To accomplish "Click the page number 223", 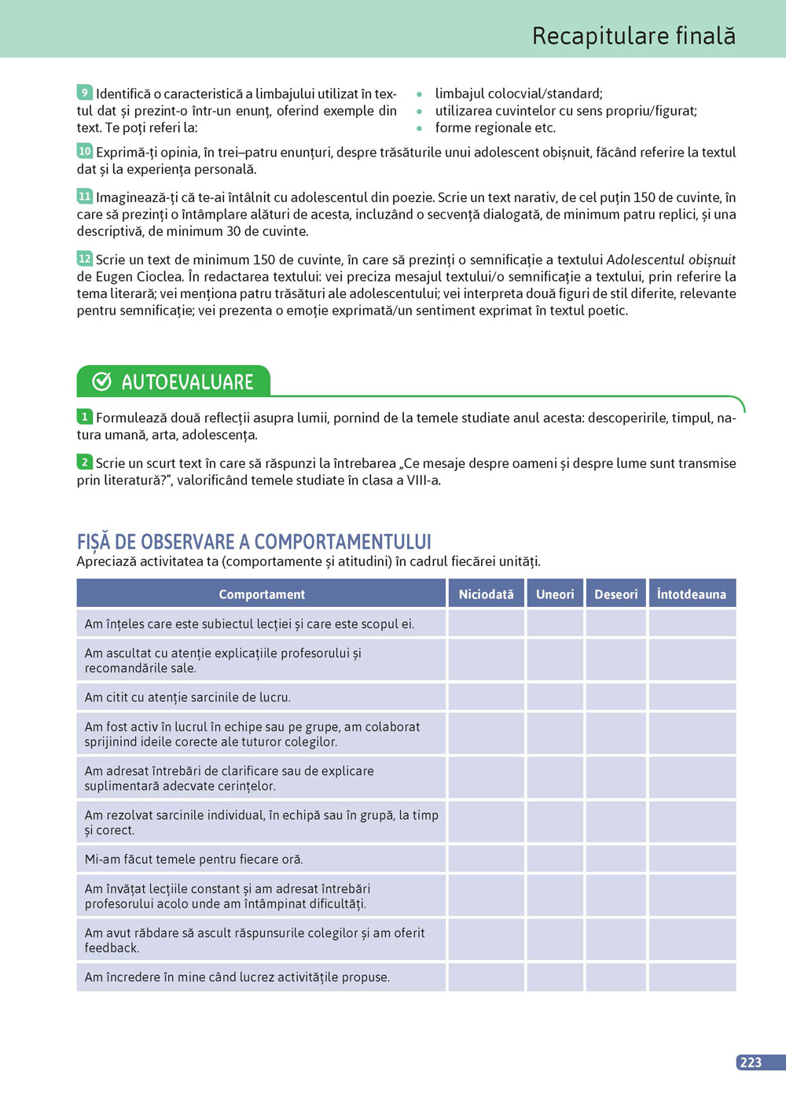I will (751, 1062).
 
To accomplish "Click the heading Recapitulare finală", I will (634, 36).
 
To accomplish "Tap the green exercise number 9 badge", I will (85, 93).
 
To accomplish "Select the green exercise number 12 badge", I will (85, 259).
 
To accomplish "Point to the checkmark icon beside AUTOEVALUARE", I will (102, 381).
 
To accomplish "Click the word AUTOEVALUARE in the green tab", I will (187, 382).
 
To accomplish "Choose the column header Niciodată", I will (486, 594).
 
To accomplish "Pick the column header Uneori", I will (555, 594).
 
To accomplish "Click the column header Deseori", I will (615, 594).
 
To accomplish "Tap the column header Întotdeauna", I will (692, 594).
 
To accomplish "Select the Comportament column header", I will (262, 594).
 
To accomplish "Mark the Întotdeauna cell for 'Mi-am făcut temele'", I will (692, 859).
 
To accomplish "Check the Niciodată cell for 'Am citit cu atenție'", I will (486, 697).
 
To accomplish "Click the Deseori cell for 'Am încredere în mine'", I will (615, 977).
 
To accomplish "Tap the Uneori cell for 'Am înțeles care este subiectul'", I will (555, 624).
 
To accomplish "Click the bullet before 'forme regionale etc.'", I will (420, 128).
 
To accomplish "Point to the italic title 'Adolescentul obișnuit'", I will (670, 259).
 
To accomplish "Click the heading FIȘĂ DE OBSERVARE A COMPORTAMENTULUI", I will (254, 542).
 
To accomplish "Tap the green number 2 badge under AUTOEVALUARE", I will (85, 462).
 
